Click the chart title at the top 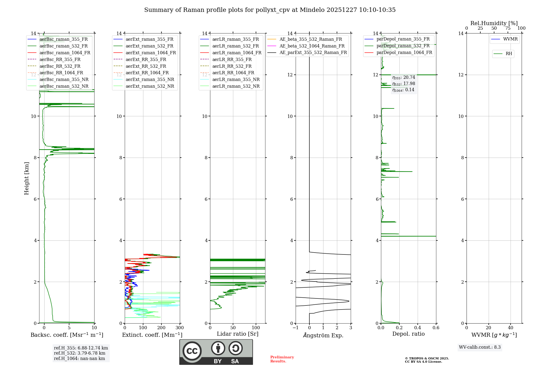pyautogui.click(x=270, y=10)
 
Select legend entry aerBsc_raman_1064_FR pyautogui.click(x=65, y=53)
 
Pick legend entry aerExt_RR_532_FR pyautogui.click(x=146, y=66)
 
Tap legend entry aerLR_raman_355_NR pyautogui.click(x=236, y=79)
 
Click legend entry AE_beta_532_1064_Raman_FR pyautogui.click(x=312, y=46)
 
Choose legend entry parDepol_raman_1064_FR pyautogui.click(x=404, y=52)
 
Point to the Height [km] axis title pyautogui.click(x=26, y=178)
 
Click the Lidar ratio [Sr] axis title pyautogui.click(x=238, y=334)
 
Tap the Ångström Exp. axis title pyautogui.click(x=323, y=335)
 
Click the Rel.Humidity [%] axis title pyautogui.click(x=494, y=23)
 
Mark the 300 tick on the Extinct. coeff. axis pyautogui.click(x=180, y=328)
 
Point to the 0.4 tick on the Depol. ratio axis pyautogui.click(x=418, y=328)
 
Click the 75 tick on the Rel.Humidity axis pyautogui.click(x=508, y=28)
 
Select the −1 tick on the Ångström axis pyautogui.click(x=295, y=328)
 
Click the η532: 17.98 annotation pyautogui.click(x=404, y=84)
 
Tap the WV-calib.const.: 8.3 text pyautogui.click(x=480, y=347)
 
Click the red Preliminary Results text pyautogui.click(x=282, y=359)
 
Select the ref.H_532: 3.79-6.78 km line pyautogui.click(x=80, y=353)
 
